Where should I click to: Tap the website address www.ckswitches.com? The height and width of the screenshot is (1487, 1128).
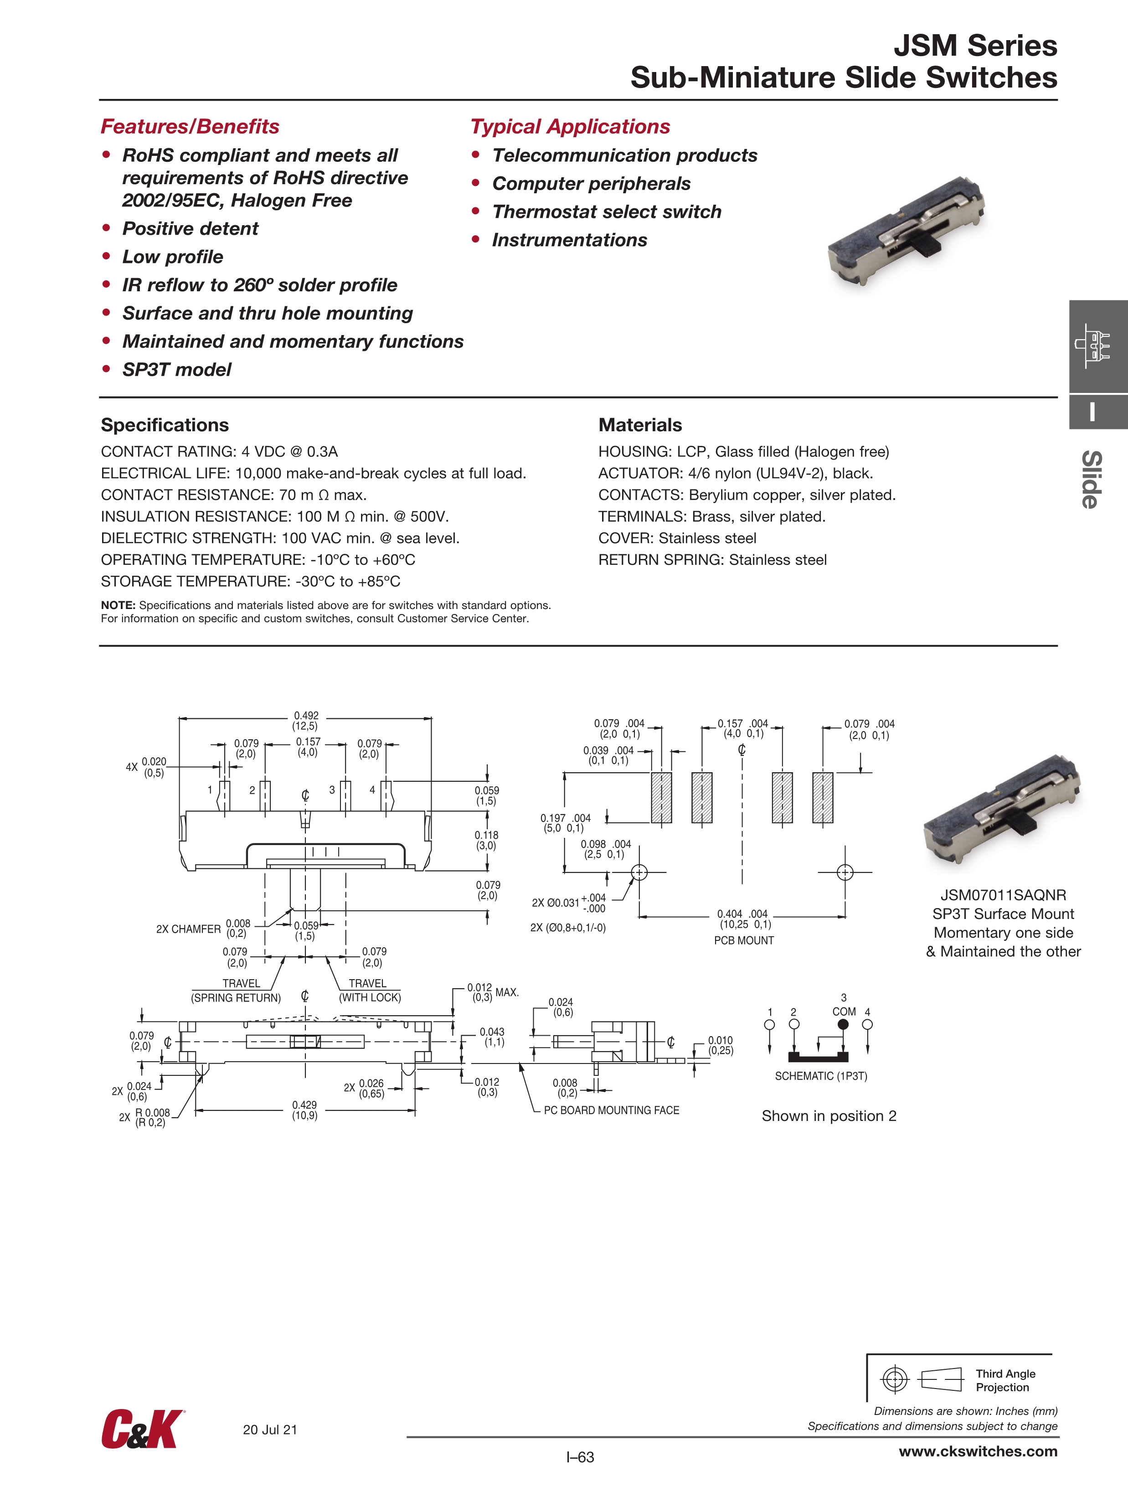tap(978, 1451)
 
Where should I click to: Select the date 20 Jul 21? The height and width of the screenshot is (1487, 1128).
tap(269, 1429)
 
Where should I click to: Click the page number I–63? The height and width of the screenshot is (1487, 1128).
tap(580, 1457)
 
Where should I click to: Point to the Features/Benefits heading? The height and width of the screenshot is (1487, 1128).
tap(190, 126)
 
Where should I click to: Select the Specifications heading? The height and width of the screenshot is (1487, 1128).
tap(165, 425)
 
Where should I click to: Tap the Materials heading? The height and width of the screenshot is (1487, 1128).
tap(640, 425)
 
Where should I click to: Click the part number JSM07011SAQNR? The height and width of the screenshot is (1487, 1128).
tap(1003, 895)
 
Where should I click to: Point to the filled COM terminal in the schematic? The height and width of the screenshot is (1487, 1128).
tap(843, 1024)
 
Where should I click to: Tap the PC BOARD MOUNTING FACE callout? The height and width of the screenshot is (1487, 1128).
tap(611, 1110)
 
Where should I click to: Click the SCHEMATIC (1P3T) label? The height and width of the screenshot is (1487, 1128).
tap(821, 1075)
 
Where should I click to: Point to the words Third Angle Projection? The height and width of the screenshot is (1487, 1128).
tap(1005, 1380)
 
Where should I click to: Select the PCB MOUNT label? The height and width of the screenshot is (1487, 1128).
tap(743, 940)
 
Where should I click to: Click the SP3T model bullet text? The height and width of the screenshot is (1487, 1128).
tap(177, 370)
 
